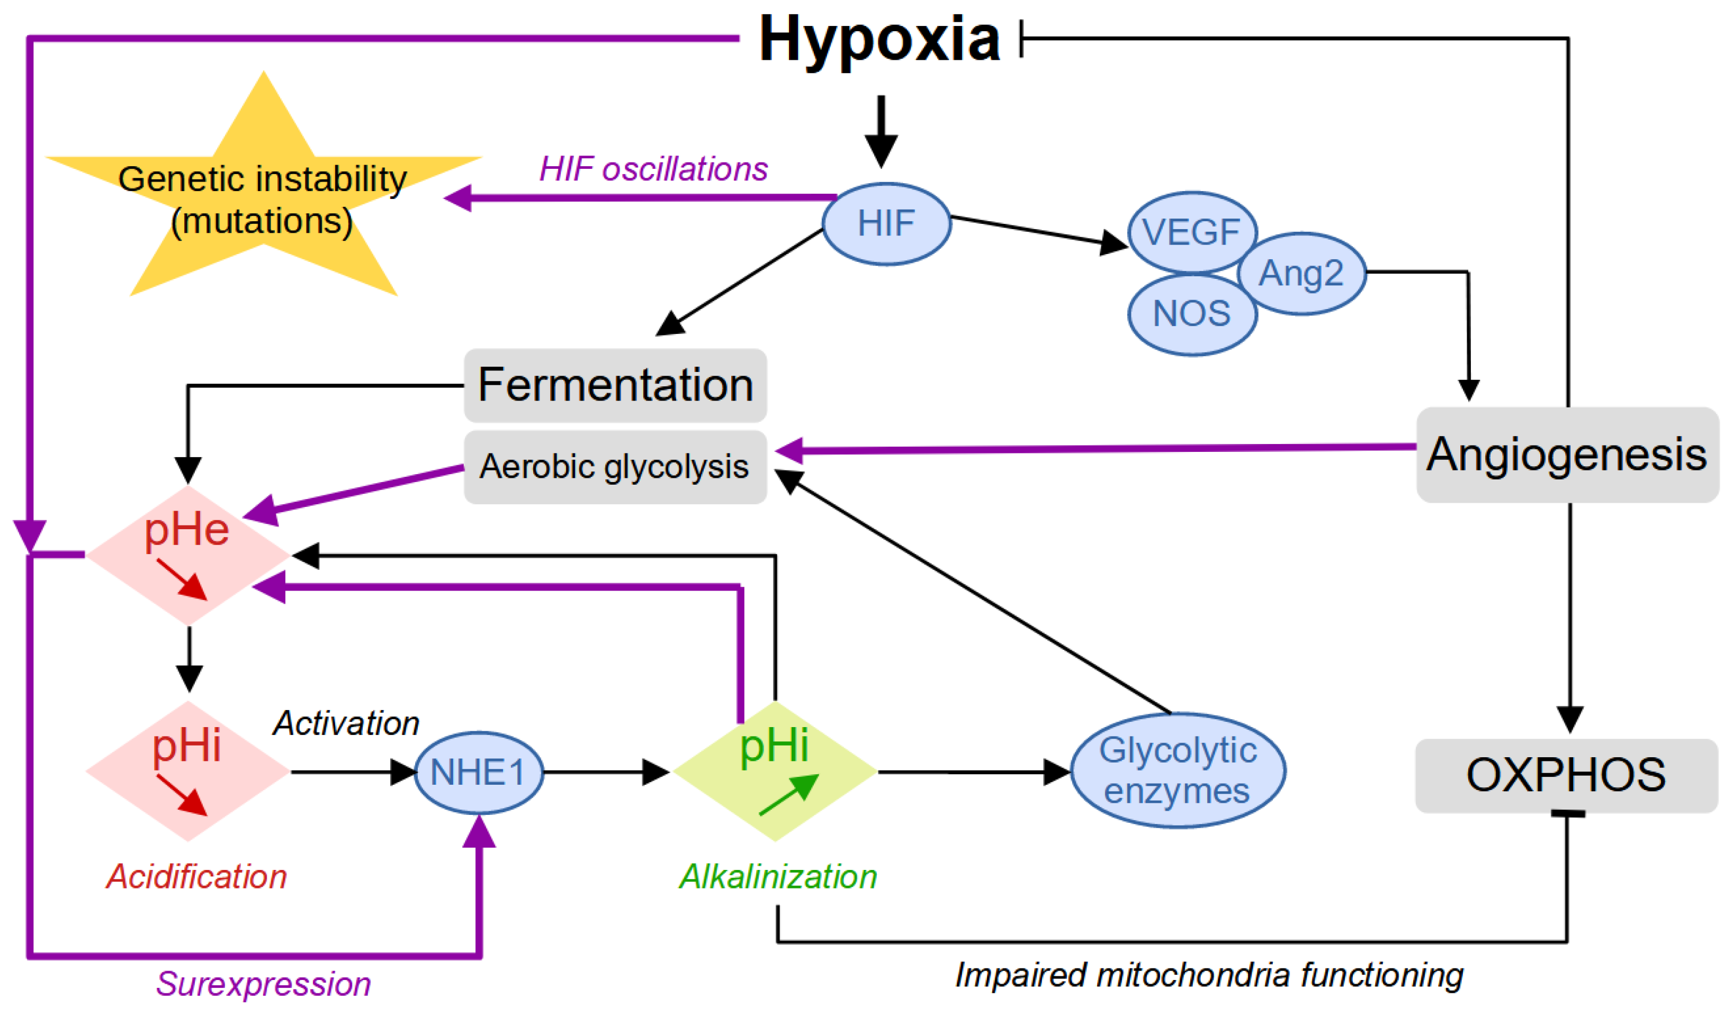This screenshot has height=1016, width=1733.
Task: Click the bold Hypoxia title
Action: tap(879, 40)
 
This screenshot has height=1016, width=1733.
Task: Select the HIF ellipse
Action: tap(886, 224)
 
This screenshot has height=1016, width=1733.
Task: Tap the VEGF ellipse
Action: tap(1192, 232)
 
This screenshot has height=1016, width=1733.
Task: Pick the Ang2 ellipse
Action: tap(1301, 274)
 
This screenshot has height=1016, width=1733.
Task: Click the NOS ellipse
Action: tap(1192, 314)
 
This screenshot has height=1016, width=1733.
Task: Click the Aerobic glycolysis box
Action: tap(615, 467)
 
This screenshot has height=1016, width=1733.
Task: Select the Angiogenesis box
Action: tap(1567, 455)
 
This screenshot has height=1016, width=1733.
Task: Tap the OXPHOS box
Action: tap(1566, 775)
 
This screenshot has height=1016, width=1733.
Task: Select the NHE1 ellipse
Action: tap(479, 772)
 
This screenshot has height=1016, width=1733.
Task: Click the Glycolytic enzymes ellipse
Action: tap(1178, 770)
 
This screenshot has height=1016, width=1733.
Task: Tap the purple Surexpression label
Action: tap(263, 984)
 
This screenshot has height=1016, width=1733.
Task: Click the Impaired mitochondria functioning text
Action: tap(1209, 975)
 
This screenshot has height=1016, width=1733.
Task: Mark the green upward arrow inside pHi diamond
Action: tap(789, 795)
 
